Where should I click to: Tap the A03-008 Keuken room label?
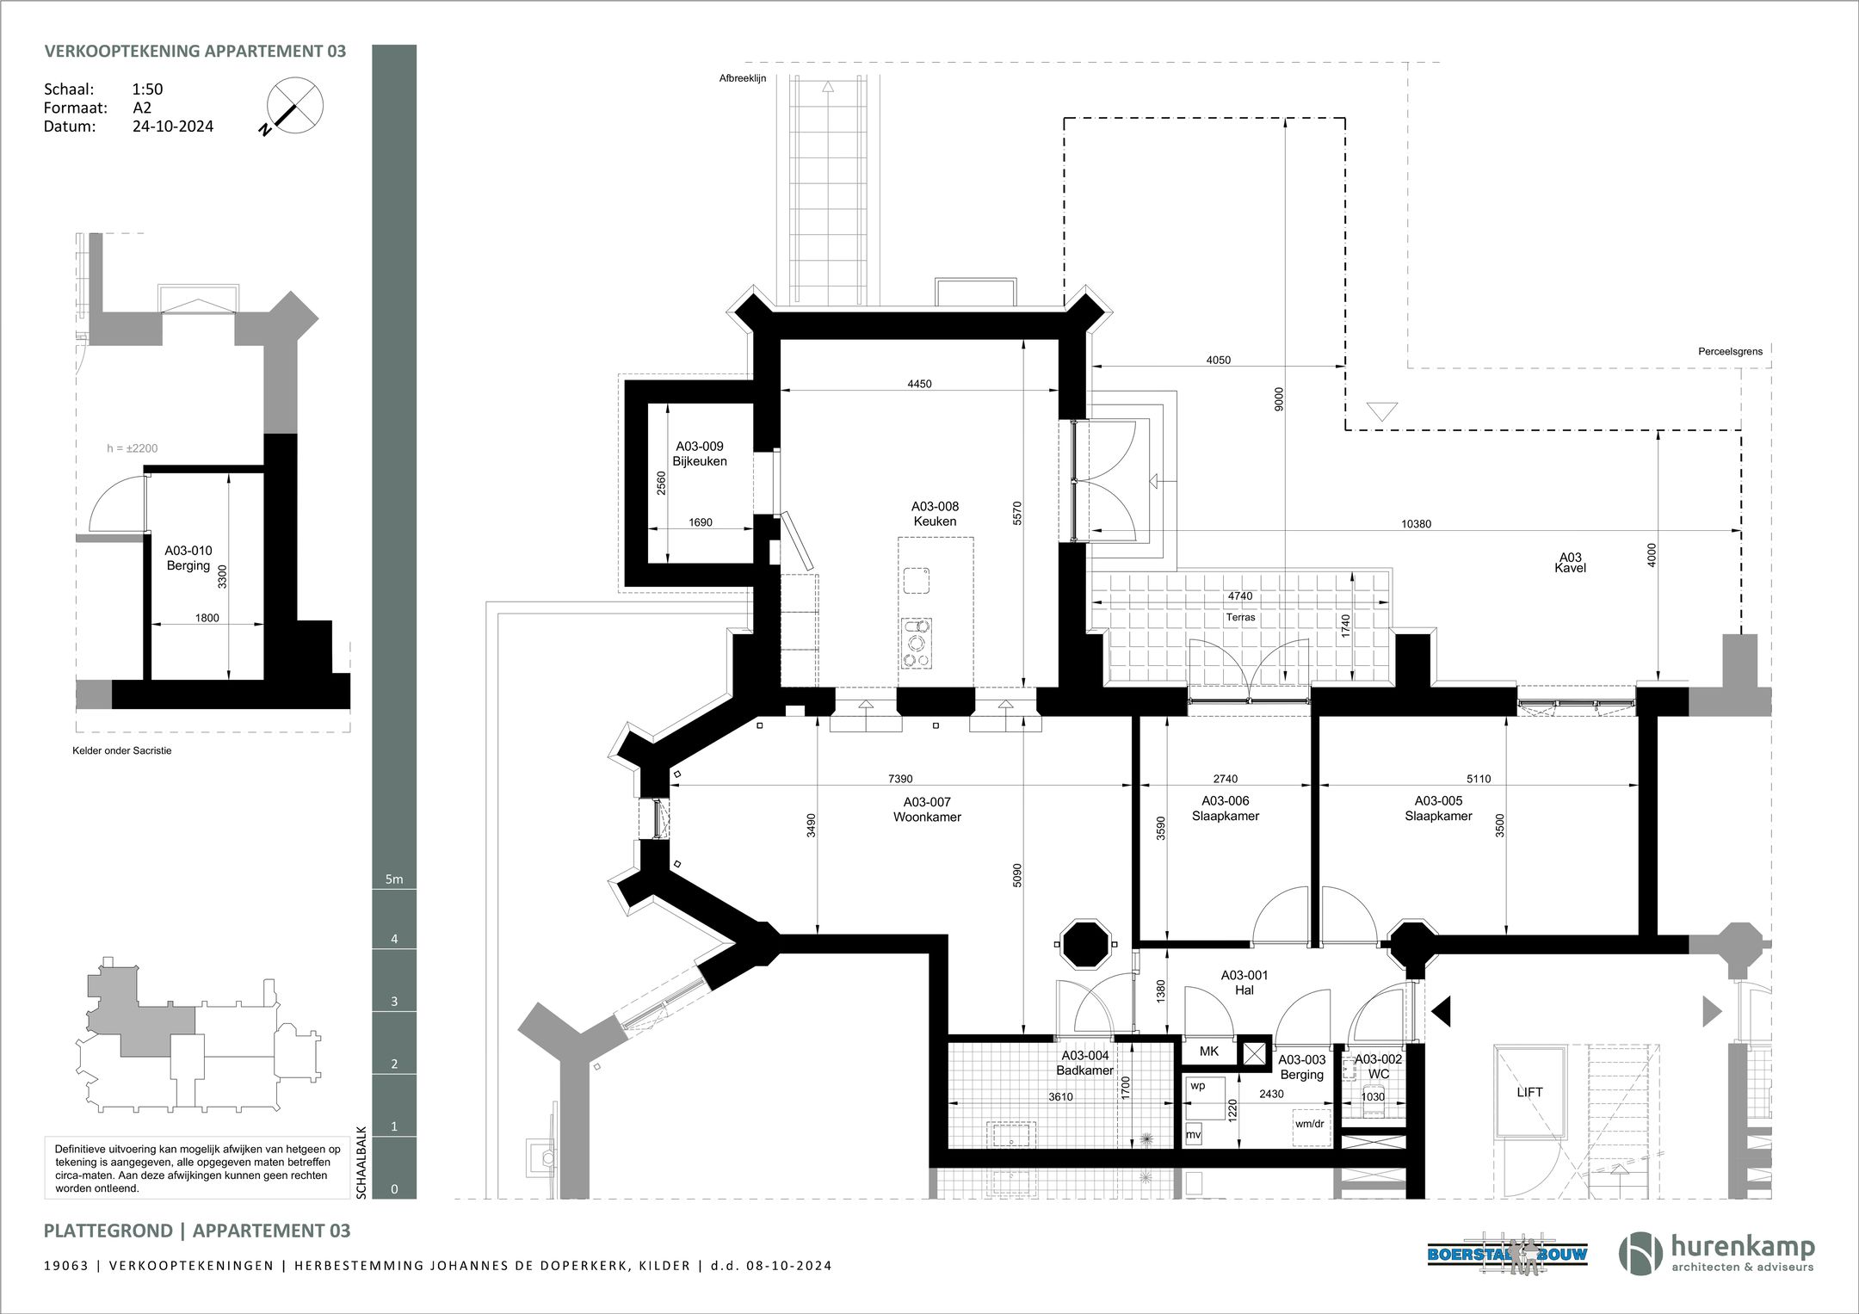coord(935,514)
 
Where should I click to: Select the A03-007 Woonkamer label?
coord(927,810)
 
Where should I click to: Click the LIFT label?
coord(1529,1092)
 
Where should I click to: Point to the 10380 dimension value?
coord(1416,524)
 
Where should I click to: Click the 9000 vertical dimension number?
coord(1279,398)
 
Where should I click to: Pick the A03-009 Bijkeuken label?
coord(700,453)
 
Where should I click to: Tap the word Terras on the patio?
coord(1240,617)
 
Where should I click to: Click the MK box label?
coord(1208,1052)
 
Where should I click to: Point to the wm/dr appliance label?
coord(1309,1124)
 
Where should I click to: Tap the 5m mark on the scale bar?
coord(394,879)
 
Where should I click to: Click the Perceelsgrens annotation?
coord(1730,351)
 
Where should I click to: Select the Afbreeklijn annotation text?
coord(743,78)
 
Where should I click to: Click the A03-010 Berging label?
coord(188,558)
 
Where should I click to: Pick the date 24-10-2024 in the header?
coord(173,126)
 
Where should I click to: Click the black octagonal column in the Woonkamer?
coord(1085,944)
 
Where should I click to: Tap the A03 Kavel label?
coord(1571,562)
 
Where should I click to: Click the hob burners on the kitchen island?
coord(916,643)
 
